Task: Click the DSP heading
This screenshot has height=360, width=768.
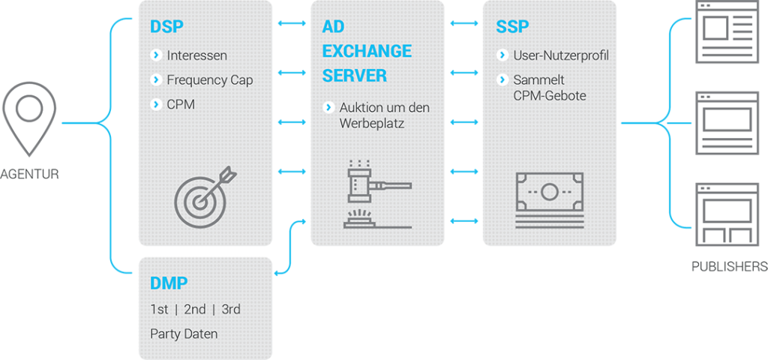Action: coord(166,28)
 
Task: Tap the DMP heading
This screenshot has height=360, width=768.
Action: coord(169,283)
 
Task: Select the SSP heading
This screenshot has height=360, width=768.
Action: coord(511,28)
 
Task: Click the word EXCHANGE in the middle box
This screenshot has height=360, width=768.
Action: coord(367,51)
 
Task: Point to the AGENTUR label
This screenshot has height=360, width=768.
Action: coord(29,175)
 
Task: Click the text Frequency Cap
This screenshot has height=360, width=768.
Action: coord(209,79)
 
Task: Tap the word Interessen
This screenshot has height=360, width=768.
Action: coord(196,55)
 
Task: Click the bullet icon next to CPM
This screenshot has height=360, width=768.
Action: coord(156,104)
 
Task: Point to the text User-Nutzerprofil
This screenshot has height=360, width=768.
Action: coord(560,55)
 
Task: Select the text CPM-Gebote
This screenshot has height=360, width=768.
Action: coord(550,96)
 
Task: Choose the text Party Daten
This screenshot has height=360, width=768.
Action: coord(184,334)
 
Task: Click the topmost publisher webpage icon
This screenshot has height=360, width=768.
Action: coord(724,31)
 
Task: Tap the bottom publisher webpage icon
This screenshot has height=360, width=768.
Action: coord(724,213)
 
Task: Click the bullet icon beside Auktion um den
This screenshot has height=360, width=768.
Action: coord(328,107)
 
